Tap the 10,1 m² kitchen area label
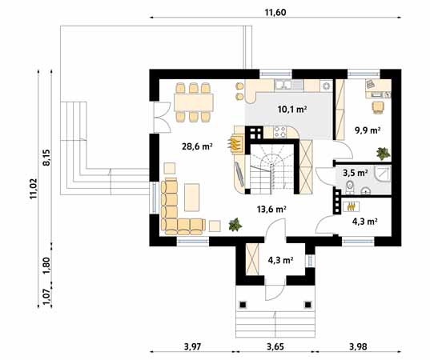[x=292, y=109]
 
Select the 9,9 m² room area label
[x=367, y=129]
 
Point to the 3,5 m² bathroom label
[x=356, y=172]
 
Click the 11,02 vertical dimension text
[x=34, y=189]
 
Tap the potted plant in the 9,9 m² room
[x=384, y=150]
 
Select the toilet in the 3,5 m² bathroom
[x=351, y=187]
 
